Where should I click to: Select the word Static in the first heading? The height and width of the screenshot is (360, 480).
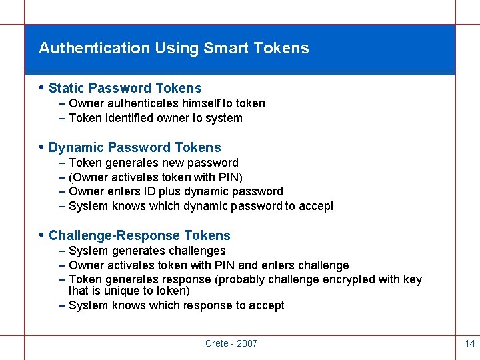67,88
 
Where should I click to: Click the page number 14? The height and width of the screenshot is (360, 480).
469,343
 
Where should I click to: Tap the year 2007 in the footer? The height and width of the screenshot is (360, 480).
247,343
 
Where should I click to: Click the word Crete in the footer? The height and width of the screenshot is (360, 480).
217,343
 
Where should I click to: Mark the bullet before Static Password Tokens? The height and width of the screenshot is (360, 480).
42,87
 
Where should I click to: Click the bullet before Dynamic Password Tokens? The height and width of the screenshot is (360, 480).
42,147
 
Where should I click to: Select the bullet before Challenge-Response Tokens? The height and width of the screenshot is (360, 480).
42,235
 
